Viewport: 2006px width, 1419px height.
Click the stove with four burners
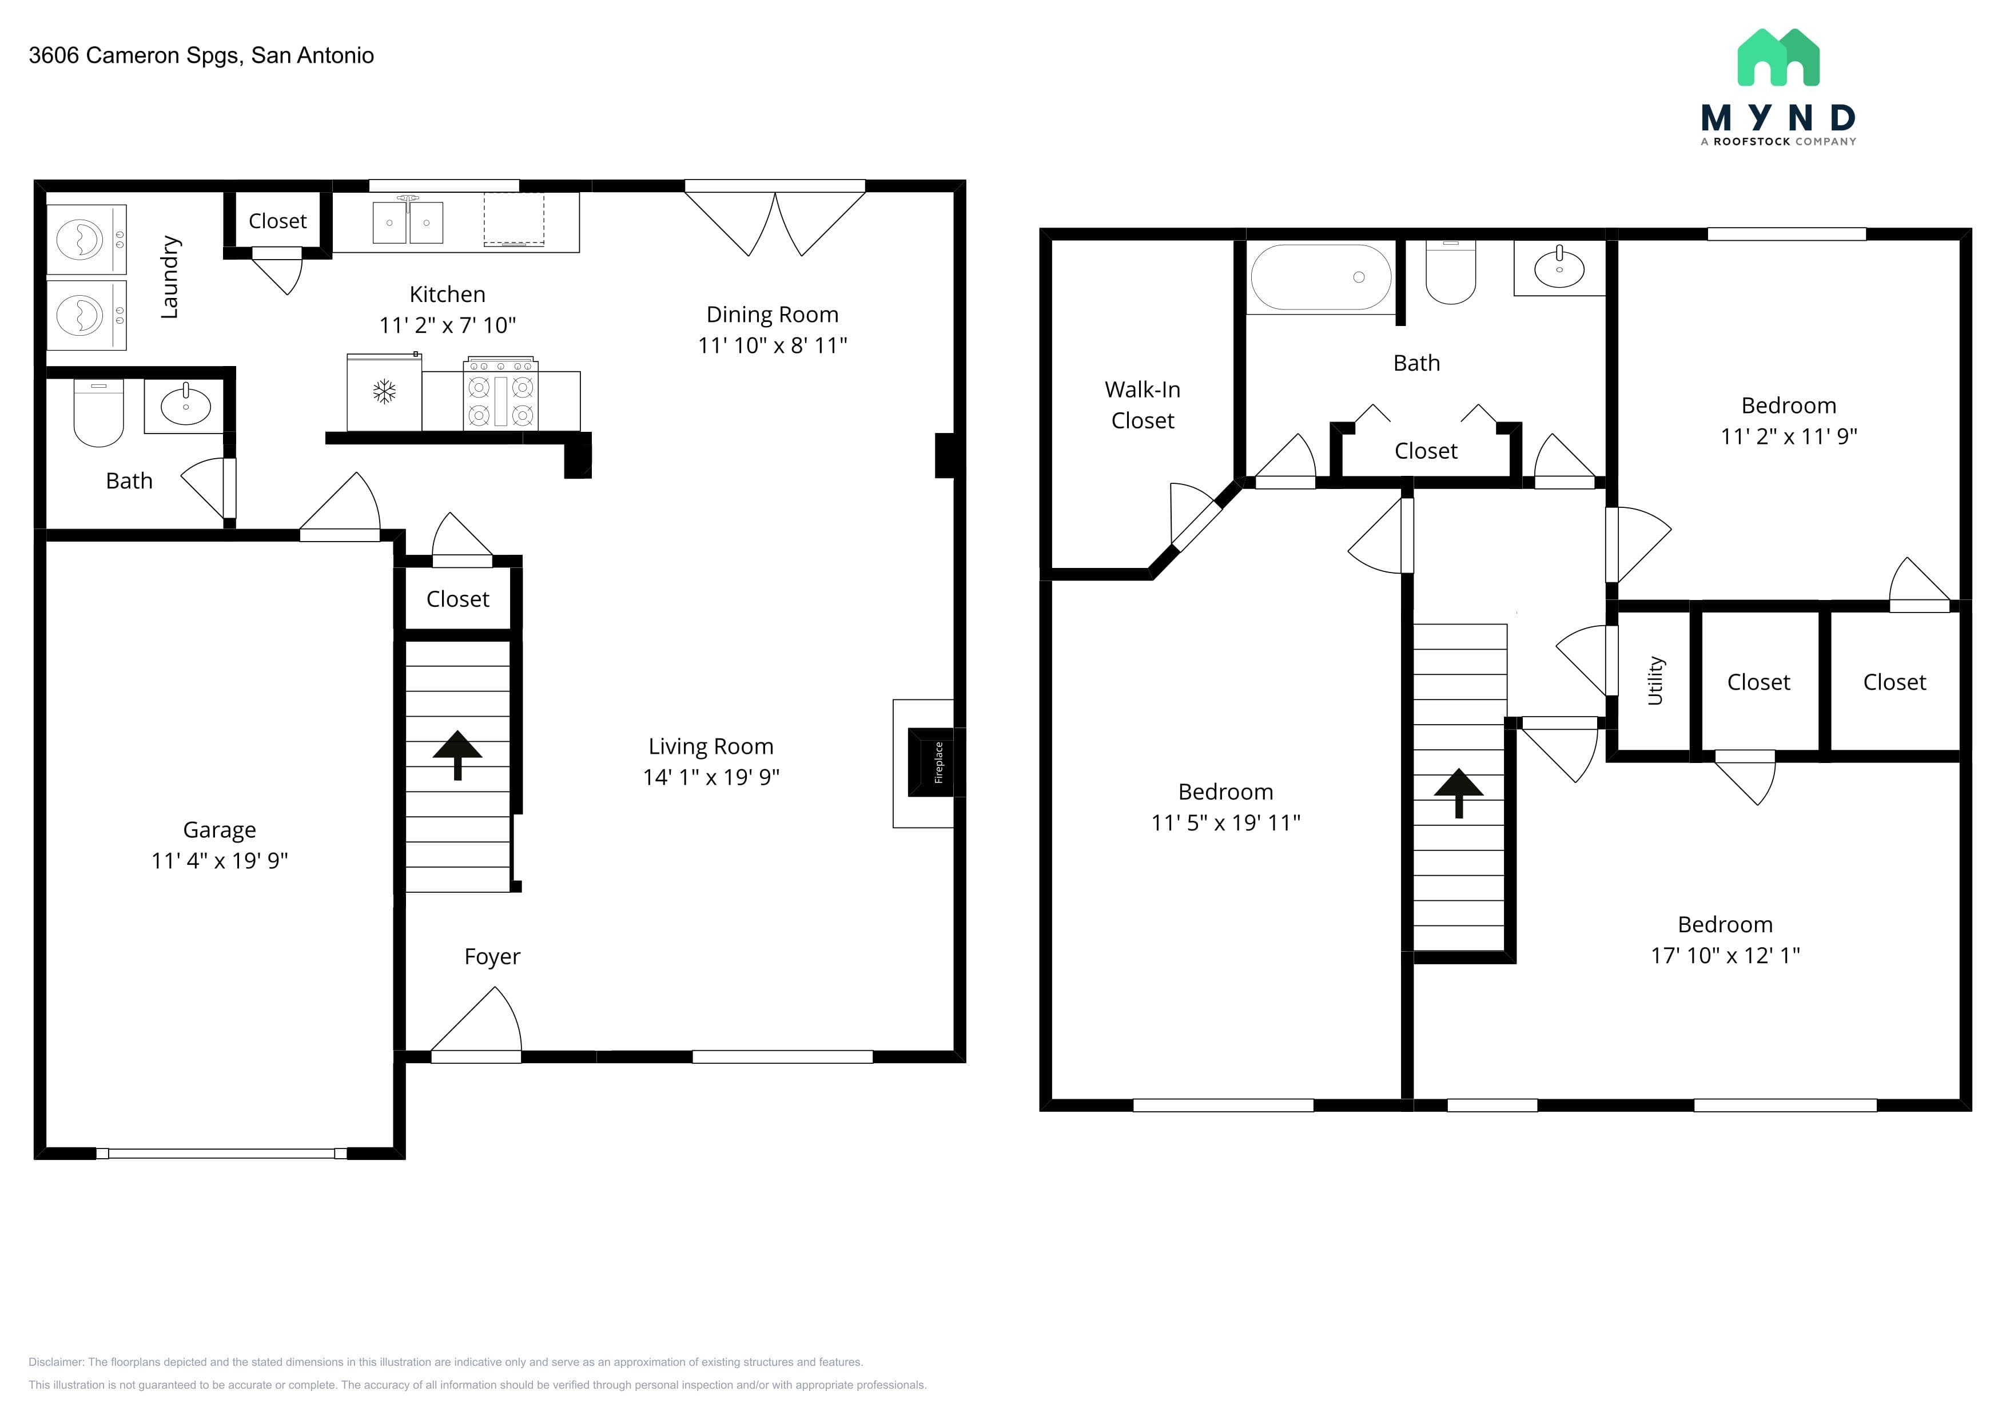[500, 393]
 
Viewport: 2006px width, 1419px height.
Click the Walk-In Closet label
[1142, 404]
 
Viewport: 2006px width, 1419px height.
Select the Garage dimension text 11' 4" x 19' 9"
[219, 861]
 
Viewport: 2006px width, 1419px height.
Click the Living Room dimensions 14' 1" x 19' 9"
[711, 777]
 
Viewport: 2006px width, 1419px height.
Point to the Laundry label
[169, 277]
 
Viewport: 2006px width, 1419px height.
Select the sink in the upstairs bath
[1559, 267]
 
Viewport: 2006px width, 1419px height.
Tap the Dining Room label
[773, 315]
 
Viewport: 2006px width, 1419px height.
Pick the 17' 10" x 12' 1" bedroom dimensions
[1726, 955]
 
